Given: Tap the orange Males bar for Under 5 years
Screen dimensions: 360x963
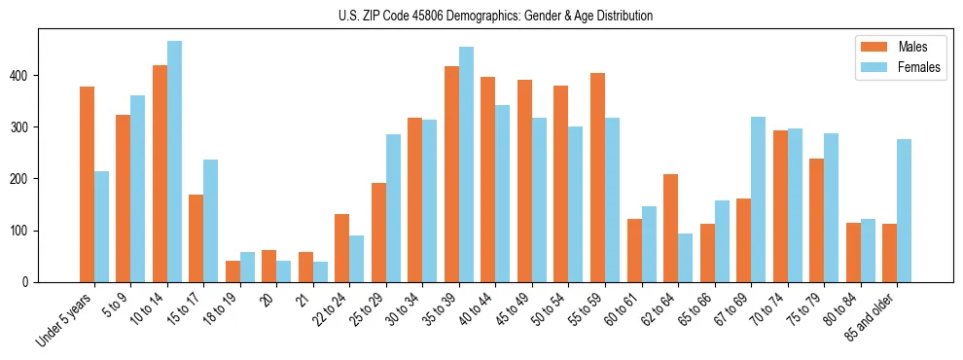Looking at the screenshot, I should [87, 185].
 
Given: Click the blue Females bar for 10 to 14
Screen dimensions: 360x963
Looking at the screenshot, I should [174, 162].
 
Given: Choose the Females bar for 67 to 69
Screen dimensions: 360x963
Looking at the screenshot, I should [758, 199].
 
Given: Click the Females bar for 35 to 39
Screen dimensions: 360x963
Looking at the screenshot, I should [466, 164].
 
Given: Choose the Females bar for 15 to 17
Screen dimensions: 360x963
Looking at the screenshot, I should [211, 221].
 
